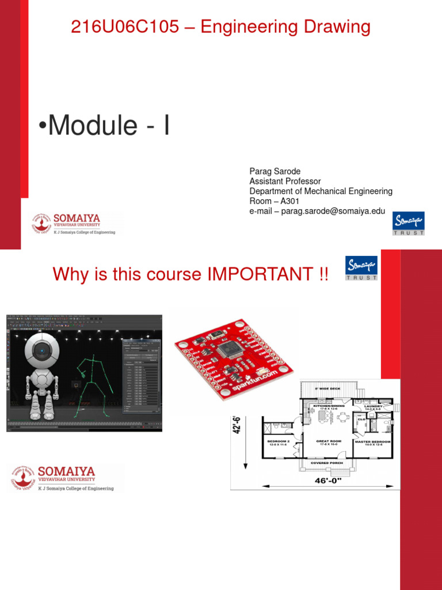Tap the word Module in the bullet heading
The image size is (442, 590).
coord(92,126)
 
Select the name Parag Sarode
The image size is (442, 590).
coord(275,172)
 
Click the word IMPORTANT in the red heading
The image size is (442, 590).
coord(253,274)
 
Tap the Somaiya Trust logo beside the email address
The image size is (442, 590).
coord(408,224)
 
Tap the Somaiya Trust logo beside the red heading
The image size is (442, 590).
coord(361,268)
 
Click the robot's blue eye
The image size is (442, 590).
coord(43,349)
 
